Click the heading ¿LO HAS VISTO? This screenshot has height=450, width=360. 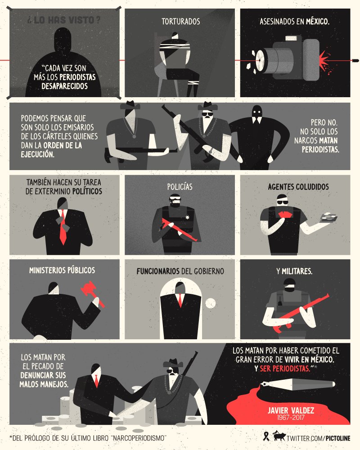(x=64, y=20)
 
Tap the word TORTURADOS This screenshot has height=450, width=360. (x=180, y=22)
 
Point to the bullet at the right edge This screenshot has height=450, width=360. (x=355, y=61)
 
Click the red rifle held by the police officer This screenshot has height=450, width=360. (x=179, y=229)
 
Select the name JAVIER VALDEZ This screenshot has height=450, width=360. (x=291, y=410)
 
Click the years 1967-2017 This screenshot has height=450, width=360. (x=291, y=418)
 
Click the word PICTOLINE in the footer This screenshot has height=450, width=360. (x=338, y=438)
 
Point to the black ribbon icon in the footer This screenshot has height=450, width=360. (x=266, y=436)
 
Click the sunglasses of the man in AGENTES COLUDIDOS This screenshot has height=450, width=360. (x=282, y=202)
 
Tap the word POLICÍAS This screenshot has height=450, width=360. (x=180, y=187)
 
